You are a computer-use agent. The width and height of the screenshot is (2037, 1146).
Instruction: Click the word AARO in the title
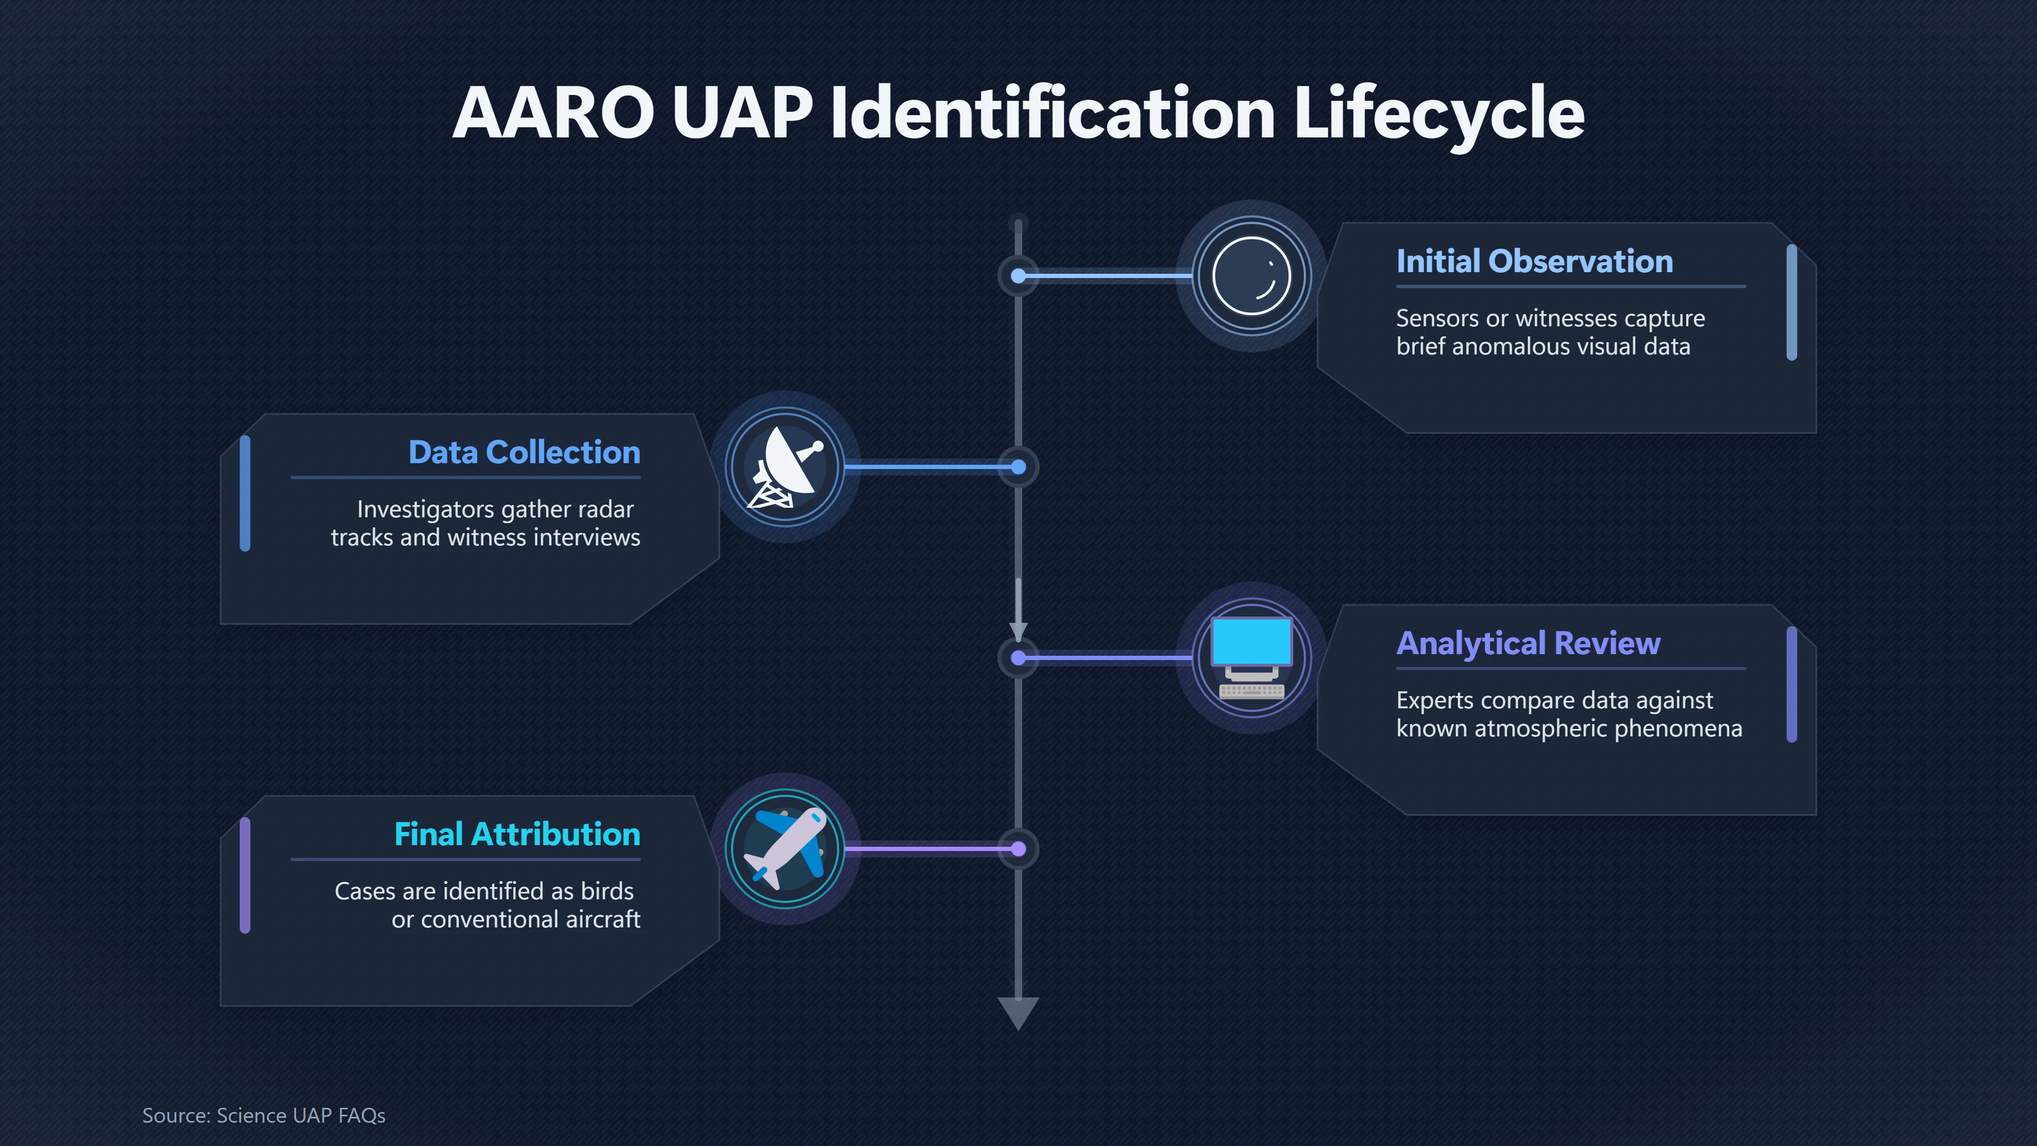pos(553,113)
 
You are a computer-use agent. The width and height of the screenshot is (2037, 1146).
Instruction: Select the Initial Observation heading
pos(1534,261)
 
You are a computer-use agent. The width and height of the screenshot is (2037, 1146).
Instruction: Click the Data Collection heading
pos(524,453)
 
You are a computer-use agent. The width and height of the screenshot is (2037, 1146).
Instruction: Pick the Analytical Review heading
pos(1528,644)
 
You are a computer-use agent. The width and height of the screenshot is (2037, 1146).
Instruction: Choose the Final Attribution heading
pos(517,835)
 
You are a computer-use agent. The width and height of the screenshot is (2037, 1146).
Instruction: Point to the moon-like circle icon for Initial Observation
pos(1252,276)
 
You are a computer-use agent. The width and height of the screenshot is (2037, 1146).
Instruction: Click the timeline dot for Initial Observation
pos(1019,276)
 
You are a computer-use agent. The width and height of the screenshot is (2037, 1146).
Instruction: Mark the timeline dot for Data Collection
pos(1019,467)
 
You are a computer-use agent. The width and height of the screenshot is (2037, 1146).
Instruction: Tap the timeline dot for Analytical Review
pos(1019,658)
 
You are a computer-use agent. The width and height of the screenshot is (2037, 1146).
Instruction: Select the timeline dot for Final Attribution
pos(1019,849)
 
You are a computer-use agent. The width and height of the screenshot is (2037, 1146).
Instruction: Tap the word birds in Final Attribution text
pos(606,891)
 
